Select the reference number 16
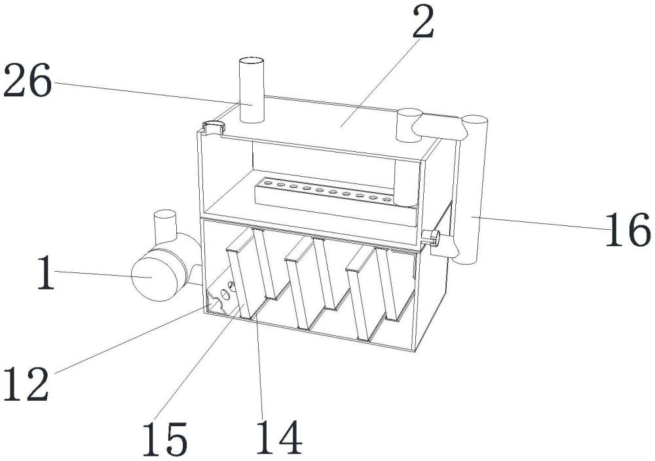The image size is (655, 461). pyautogui.click(x=627, y=230)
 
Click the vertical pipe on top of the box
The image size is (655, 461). pyautogui.click(x=250, y=88)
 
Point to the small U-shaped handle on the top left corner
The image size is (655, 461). pyautogui.click(x=212, y=126)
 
